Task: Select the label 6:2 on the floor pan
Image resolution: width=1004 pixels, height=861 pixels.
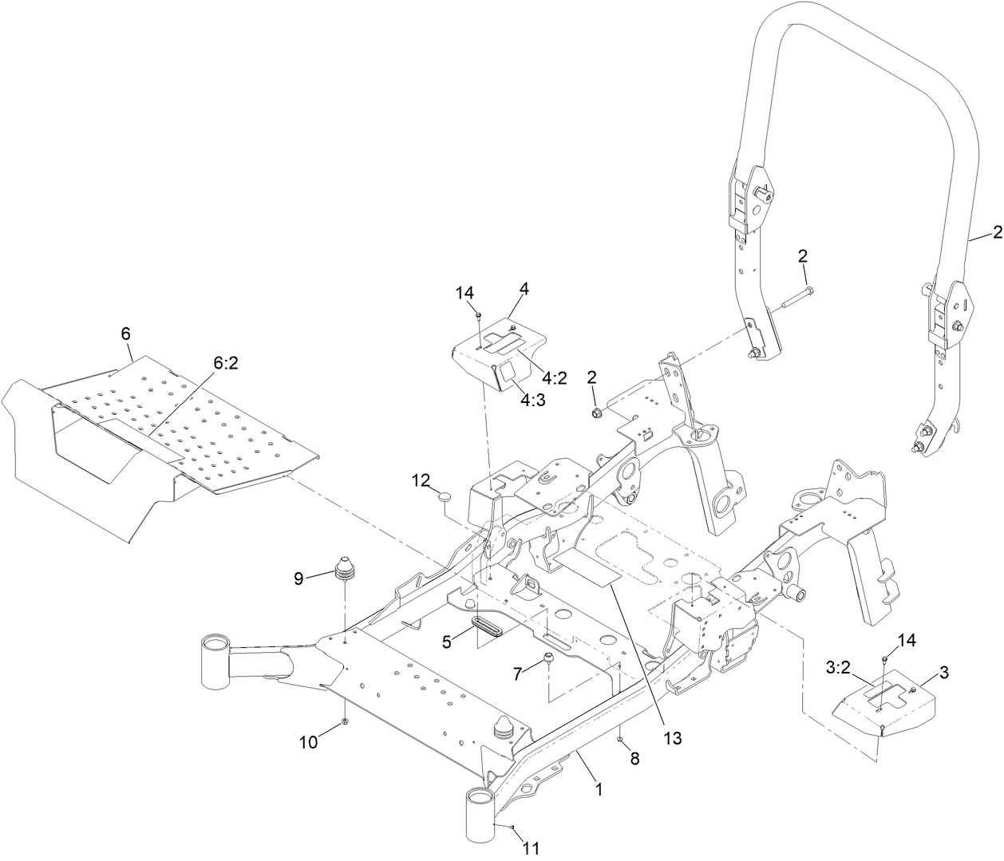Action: pyautogui.click(x=227, y=363)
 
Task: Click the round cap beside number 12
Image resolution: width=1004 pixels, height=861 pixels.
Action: pyautogui.click(x=445, y=498)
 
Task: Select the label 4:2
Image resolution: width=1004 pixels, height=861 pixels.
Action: pyautogui.click(x=555, y=377)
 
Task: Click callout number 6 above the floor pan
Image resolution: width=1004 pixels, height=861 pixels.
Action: pyautogui.click(x=126, y=334)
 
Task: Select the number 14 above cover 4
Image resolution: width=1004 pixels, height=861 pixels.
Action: pyautogui.click(x=464, y=294)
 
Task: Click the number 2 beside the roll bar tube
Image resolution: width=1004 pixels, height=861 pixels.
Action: pyautogui.click(x=997, y=232)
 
